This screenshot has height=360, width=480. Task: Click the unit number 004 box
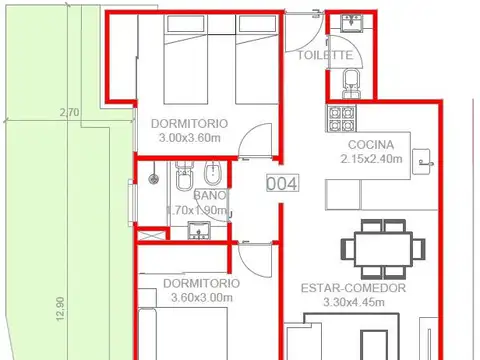click(281, 183)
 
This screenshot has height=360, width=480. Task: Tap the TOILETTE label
click(324, 55)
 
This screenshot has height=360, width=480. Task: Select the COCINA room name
click(370, 143)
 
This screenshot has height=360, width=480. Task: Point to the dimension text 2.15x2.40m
click(371, 158)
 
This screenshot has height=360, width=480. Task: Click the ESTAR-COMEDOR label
click(353, 288)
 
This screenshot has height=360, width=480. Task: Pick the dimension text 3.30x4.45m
click(353, 303)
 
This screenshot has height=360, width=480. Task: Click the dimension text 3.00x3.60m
click(190, 138)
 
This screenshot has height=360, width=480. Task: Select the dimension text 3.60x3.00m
click(200, 297)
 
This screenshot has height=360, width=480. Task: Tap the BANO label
click(209, 195)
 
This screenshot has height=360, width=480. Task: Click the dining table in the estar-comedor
click(376, 245)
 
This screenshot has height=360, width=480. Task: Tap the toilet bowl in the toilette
click(349, 79)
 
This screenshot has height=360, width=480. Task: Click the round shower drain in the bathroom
click(153, 180)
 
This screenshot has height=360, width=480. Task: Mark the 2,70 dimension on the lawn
click(69, 112)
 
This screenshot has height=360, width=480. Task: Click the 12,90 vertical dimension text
click(60, 303)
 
